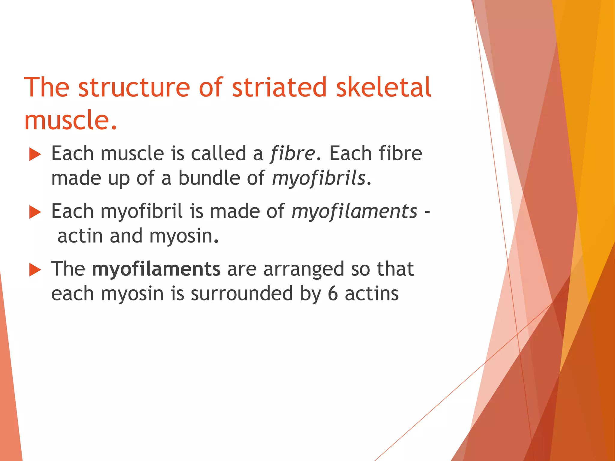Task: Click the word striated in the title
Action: coord(279,87)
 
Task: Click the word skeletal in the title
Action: coord(383,87)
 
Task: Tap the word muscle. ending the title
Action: coord(70,120)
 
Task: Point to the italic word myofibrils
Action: coord(319,178)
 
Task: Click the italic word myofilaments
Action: coord(354,212)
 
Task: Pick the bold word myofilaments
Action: coord(156,269)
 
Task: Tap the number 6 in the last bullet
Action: coord(333,294)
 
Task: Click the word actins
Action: coord(372,294)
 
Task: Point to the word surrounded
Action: coord(242,294)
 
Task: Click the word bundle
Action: coord(209,178)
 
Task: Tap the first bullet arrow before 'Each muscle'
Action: coord(35,155)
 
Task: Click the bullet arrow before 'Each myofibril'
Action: coord(35,212)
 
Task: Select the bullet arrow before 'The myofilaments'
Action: coord(35,270)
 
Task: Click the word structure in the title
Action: coord(134,87)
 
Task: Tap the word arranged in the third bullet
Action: coord(304,269)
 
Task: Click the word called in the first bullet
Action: coord(218,154)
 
